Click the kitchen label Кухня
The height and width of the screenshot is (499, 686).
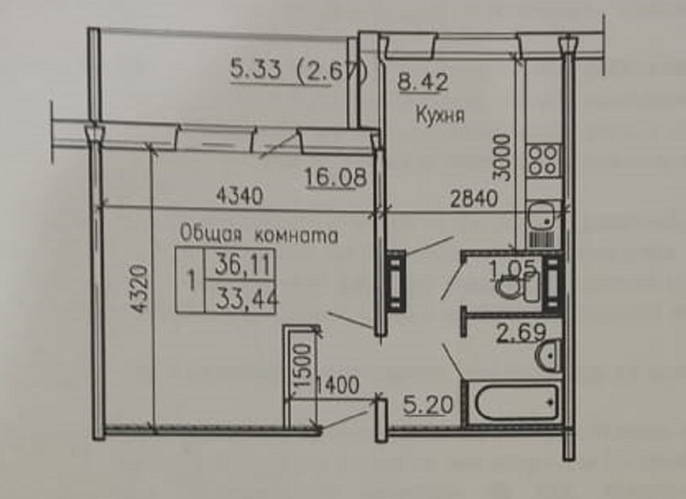click(x=439, y=116)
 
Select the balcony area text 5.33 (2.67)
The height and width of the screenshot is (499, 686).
click(x=298, y=71)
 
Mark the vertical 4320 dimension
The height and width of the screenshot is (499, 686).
click(x=140, y=289)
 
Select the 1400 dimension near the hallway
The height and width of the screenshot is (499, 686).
click(x=336, y=385)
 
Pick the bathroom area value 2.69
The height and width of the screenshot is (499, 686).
click(x=521, y=334)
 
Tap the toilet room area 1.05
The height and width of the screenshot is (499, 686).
click(x=513, y=269)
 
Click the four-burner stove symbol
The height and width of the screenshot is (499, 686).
click(x=543, y=159)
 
